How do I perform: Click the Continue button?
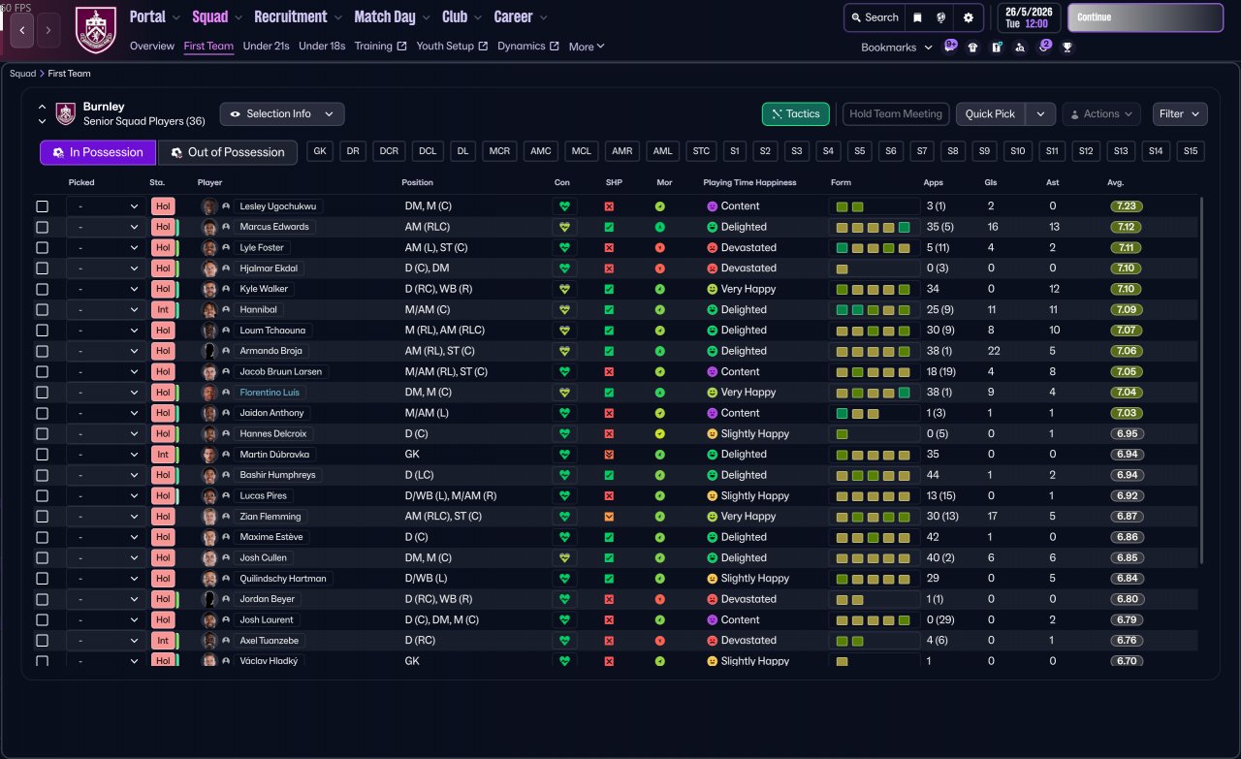(1145, 17)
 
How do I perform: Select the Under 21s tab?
(266, 46)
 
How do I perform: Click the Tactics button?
(796, 114)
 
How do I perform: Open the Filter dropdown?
(1179, 114)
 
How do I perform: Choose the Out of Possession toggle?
(227, 152)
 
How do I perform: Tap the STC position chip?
(701, 151)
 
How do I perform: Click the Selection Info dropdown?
(282, 114)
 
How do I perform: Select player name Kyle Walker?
(264, 289)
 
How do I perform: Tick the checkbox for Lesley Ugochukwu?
(42, 206)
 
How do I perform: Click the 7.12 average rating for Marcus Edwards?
(1126, 227)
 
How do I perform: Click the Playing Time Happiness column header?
(749, 182)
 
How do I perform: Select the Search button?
(874, 17)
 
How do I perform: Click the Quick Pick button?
(990, 114)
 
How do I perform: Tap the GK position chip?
(321, 151)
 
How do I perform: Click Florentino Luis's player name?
(270, 393)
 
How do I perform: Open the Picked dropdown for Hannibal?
(106, 310)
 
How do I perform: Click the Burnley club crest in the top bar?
(95, 29)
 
